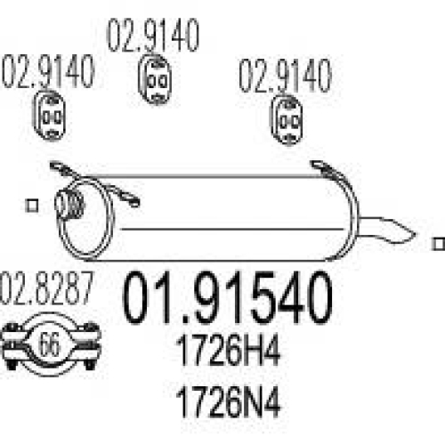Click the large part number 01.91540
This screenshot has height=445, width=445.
pyautogui.click(x=227, y=297)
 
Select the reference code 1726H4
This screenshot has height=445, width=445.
pyautogui.click(x=228, y=350)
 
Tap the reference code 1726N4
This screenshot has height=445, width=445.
pyautogui.click(x=228, y=401)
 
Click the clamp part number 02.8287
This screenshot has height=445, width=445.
pyautogui.click(x=47, y=288)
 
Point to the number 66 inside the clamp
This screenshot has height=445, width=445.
pyautogui.click(x=49, y=344)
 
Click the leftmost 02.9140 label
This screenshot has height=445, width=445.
pyautogui.click(x=48, y=71)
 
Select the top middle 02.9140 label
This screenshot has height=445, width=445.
pyautogui.click(x=153, y=35)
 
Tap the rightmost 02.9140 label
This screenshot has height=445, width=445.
pyautogui.click(x=285, y=76)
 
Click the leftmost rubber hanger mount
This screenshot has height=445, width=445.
pyautogui.click(x=49, y=116)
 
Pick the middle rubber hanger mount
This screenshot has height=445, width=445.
pyautogui.click(x=155, y=79)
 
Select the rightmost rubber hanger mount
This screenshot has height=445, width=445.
pyautogui.click(x=287, y=120)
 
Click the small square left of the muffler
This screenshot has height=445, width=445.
pyautogui.click(x=32, y=206)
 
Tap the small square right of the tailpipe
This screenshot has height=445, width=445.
pyautogui.click(x=439, y=244)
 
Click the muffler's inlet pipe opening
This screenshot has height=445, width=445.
pyautogui.click(x=69, y=205)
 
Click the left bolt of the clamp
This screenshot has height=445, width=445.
pyautogui.click(x=12, y=345)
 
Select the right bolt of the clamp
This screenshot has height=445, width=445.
pyautogui.click(x=90, y=345)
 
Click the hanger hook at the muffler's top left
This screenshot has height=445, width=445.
pyautogui.click(x=64, y=170)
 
